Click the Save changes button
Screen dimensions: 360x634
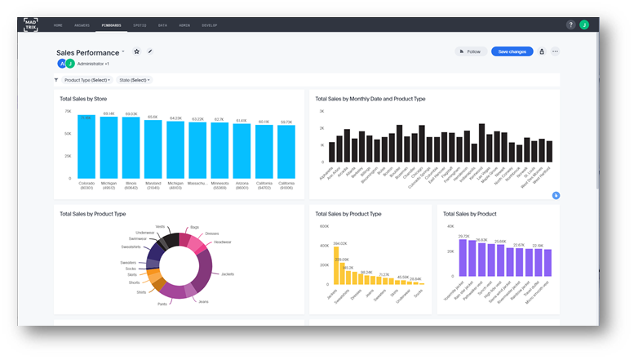coord(512,51)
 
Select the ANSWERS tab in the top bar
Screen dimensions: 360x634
coord(82,25)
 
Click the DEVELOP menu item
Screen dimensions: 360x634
coord(210,25)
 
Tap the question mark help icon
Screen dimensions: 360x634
coord(571,24)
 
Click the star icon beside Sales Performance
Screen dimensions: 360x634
coord(136,51)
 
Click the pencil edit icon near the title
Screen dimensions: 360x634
coord(150,51)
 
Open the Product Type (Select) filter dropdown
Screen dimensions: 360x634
coord(87,80)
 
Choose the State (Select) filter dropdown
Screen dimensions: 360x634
coord(135,80)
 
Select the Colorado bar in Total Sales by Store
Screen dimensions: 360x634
coord(86,147)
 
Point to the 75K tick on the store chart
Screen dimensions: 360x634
coord(68,111)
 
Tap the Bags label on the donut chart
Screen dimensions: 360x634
coord(194,228)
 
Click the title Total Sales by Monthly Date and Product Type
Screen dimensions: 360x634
coord(370,99)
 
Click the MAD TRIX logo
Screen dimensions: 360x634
coord(29,24)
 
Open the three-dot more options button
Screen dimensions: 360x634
coord(555,51)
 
